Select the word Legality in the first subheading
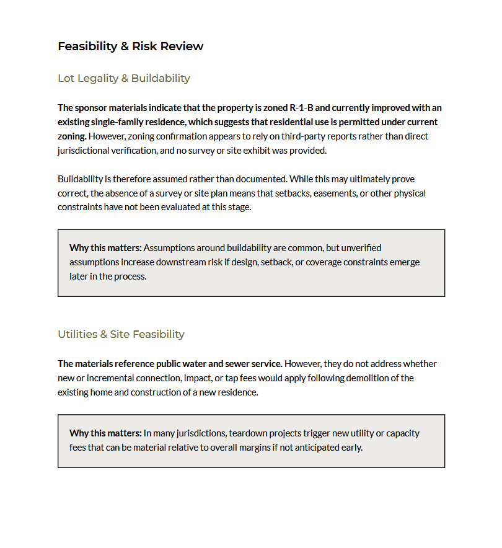pyautogui.click(x=102, y=78)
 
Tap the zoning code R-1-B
pyautogui.click(x=301, y=108)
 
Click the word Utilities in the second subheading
pyautogui.click(x=78, y=334)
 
